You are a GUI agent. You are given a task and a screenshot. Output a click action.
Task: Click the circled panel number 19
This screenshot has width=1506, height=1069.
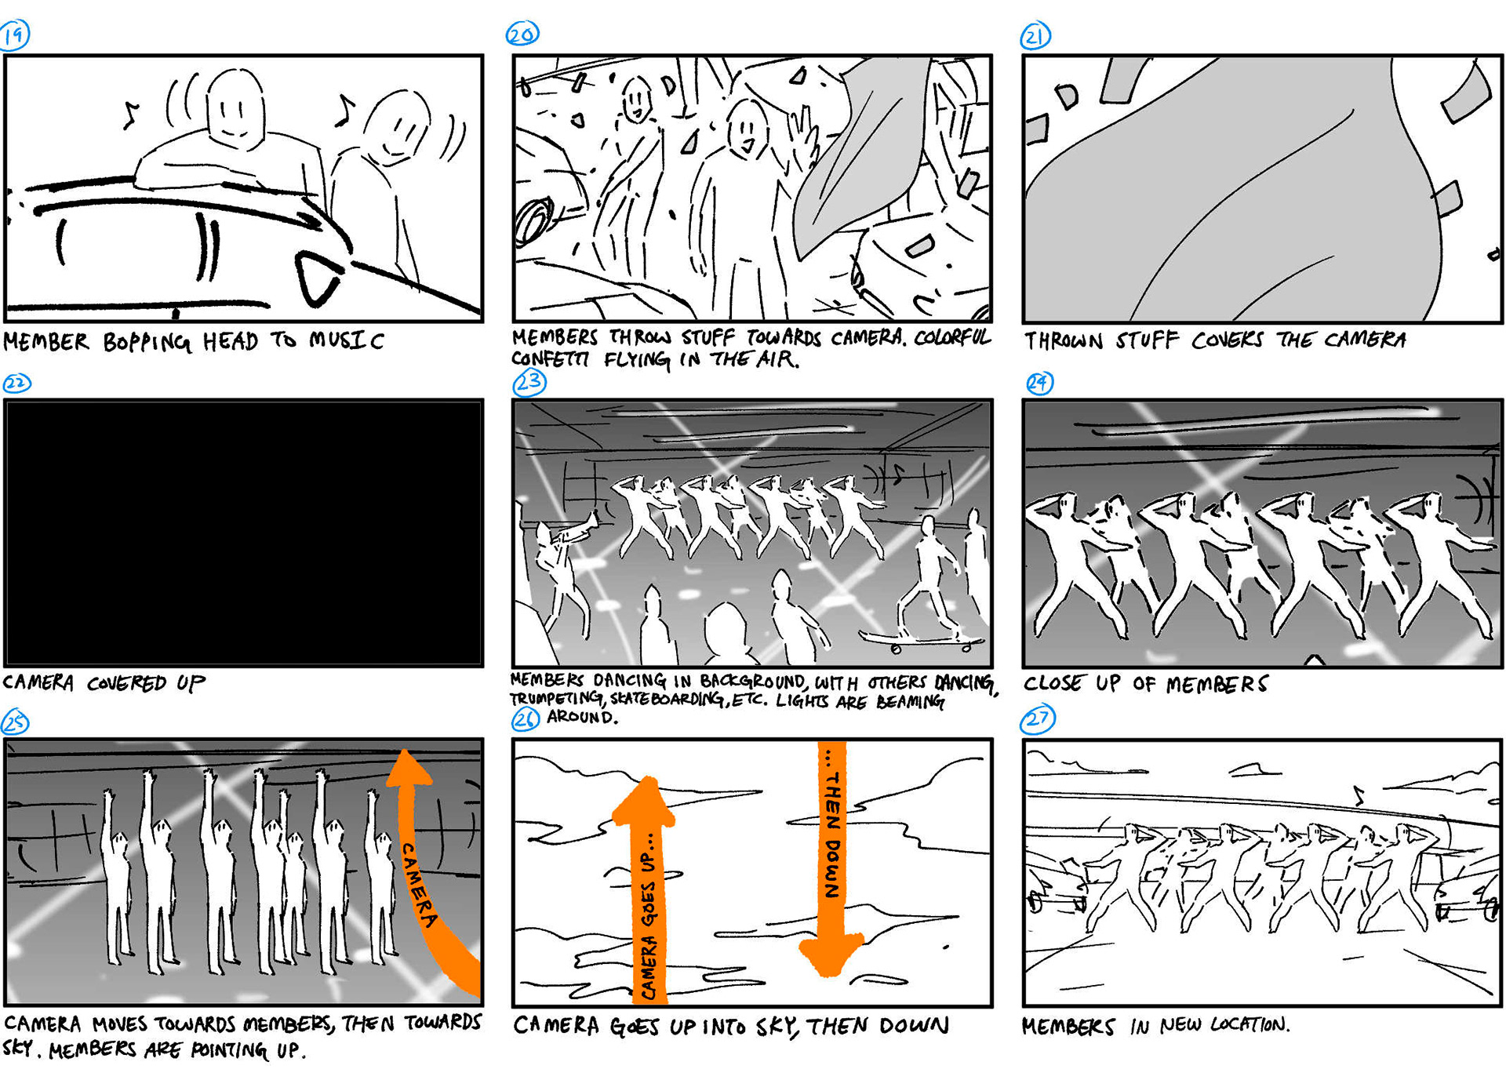(x=14, y=35)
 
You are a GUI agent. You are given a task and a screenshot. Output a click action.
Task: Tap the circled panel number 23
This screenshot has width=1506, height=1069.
(x=529, y=383)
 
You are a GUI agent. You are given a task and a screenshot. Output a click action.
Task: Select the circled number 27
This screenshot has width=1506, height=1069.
(x=1039, y=719)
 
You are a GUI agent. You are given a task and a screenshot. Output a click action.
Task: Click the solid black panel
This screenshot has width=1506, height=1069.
(x=243, y=533)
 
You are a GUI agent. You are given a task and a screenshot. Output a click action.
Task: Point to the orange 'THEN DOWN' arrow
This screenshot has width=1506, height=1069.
(x=831, y=859)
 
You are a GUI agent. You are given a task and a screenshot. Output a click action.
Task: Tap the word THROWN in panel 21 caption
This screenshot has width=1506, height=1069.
(x=1062, y=340)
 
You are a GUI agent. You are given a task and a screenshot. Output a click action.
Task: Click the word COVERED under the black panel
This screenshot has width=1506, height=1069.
(x=126, y=683)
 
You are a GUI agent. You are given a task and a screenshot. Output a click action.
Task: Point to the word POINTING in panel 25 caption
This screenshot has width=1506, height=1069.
(x=228, y=1049)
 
